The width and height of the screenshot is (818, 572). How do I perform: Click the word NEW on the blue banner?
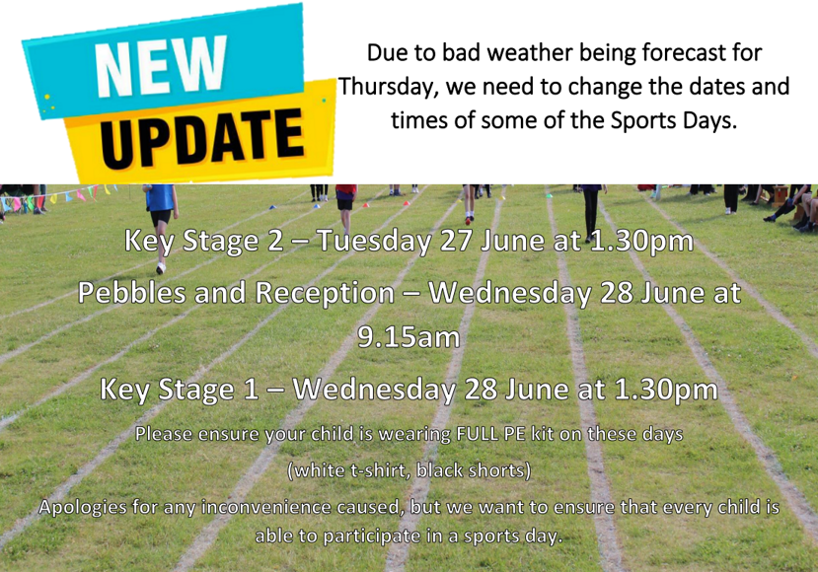tap(161, 66)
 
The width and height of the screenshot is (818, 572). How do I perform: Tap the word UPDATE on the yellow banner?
tap(202, 138)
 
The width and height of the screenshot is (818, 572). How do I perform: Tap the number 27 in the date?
tap(456, 241)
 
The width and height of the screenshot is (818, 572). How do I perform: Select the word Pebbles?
tap(132, 292)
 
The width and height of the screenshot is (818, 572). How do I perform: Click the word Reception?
tap(325, 293)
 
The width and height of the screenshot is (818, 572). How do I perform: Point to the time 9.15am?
tap(409, 337)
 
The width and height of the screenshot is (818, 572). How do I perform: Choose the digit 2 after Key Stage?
tap(275, 241)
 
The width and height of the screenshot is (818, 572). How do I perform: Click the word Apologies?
tap(83, 507)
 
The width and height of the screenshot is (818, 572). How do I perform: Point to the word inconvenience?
tap(266, 507)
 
